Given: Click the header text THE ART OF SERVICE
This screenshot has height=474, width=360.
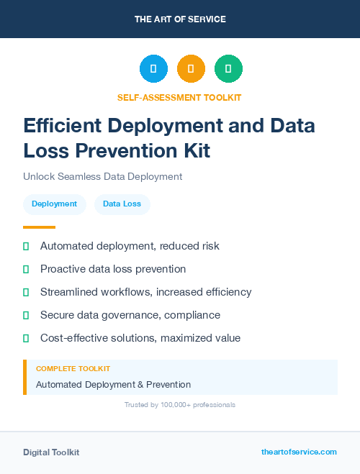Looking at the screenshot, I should [180, 19].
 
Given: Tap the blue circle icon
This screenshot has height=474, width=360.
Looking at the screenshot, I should [153, 69].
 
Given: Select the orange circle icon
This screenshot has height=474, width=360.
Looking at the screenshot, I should [191, 69].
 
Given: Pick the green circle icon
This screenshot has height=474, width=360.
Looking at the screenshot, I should [228, 69].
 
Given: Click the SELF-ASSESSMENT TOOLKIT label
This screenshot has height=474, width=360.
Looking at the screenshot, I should [180, 97].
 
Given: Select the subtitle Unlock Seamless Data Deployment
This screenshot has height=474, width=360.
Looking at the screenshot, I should [102, 176].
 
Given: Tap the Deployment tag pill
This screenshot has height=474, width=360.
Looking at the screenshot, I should [54, 204].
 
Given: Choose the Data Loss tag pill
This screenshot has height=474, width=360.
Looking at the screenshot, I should [122, 204].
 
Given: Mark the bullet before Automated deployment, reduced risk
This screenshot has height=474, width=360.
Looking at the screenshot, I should [26, 246].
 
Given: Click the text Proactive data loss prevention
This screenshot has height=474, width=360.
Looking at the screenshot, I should [113, 269].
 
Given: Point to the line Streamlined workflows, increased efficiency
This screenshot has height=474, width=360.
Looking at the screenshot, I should [145, 292].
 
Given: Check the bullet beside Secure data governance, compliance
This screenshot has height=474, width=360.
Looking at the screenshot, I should [26, 315].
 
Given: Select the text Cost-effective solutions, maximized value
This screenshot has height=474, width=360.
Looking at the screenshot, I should [140, 338].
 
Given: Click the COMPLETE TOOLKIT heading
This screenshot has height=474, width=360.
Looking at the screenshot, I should [73, 368].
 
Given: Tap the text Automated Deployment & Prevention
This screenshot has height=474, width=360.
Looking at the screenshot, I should [113, 385].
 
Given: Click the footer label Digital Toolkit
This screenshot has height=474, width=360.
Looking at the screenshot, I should [51, 452].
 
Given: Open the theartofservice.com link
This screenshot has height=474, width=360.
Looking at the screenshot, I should [299, 452].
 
